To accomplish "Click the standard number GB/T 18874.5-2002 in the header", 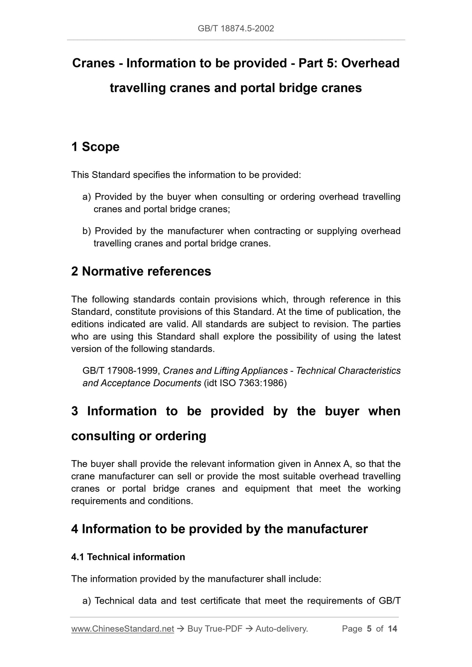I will tap(236, 29).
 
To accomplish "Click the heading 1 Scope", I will tap(95, 147).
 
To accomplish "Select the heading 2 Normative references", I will tap(141, 271).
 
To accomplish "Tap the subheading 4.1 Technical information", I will tap(128, 557).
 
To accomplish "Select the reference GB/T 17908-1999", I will tap(121, 371).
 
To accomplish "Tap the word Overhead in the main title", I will tap(370, 63).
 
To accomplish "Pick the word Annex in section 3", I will tap(325, 464).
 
